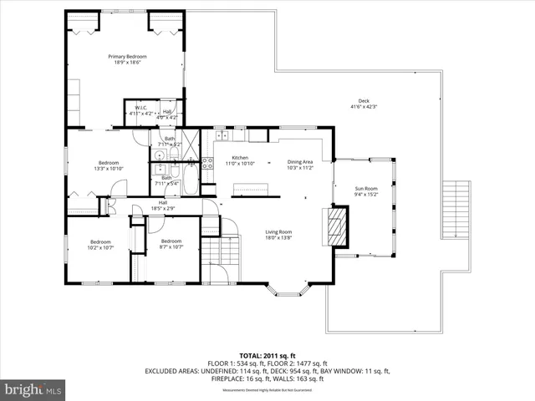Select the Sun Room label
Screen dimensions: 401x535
(366, 190)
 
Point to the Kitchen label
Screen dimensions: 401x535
(240, 158)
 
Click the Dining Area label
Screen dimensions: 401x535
(299, 162)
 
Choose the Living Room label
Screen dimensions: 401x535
(278, 231)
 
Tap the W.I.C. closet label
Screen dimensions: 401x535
(140, 108)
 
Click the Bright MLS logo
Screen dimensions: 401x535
(34, 388)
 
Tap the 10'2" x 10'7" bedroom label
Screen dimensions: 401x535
(101, 244)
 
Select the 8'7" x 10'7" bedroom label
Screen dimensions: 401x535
(171, 244)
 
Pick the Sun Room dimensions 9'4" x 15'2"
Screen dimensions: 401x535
(366, 195)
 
